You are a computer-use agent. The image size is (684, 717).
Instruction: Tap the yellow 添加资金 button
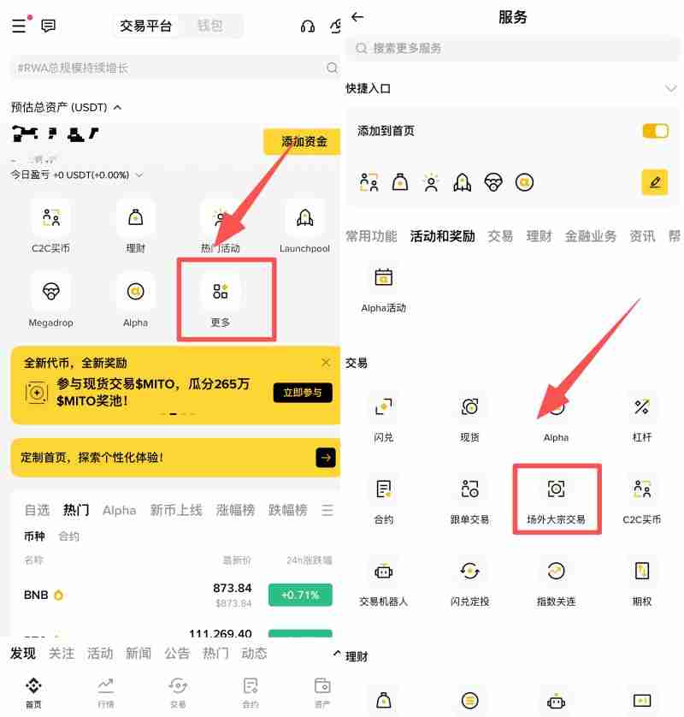click(x=303, y=141)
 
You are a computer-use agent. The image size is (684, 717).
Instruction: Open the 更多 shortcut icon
click(x=221, y=292)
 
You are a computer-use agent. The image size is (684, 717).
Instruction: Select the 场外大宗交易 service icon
click(x=556, y=489)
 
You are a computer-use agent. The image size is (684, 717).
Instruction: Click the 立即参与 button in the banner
click(x=303, y=393)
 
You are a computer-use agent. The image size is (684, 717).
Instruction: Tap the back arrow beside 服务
click(x=357, y=17)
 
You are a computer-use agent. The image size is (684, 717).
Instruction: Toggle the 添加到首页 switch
click(x=655, y=131)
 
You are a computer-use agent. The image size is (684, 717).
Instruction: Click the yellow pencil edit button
click(x=655, y=182)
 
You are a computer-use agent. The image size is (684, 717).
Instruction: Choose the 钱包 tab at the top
click(x=209, y=26)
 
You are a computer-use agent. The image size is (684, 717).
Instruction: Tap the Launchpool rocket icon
click(x=304, y=218)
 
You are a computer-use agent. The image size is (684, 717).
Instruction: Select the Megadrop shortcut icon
click(x=51, y=292)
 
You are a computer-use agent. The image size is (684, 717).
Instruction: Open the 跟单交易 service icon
click(x=469, y=489)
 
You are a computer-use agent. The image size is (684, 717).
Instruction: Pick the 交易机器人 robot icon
click(x=384, y=571)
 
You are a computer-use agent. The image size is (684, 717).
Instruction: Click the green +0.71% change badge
click(x=300, y=595)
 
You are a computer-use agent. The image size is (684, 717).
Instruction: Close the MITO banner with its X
click(x=325, y=363)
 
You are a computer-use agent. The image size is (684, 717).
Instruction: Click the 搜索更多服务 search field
click(x=513, y=49)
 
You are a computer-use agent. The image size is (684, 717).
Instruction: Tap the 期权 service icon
click(x=642, y=571)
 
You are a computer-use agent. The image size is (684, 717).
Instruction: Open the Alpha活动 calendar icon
click(x=384, y=277)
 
